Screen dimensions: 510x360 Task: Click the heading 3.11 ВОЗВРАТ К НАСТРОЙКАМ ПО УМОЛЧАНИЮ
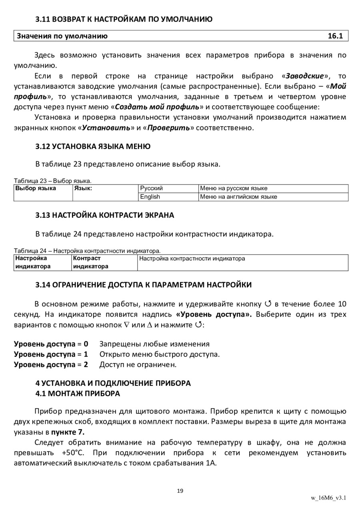tap(124, 19)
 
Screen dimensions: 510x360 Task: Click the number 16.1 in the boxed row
tap(335, 36)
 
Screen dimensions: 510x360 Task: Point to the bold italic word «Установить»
tap(108, 128)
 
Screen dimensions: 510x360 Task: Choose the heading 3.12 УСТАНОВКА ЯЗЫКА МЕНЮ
tap(93, 146)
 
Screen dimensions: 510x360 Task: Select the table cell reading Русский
tap(151, 188)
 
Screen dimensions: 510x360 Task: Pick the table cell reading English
tap(150, 197)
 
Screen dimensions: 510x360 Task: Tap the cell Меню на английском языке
tap(238, 197)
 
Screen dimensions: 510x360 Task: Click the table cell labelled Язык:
tap(83, 188)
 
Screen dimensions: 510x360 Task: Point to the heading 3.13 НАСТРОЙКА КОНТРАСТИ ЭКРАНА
tap(105, 215)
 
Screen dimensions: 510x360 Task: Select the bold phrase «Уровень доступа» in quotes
tap(214, 314)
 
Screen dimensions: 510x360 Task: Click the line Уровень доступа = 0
tap(51, 344)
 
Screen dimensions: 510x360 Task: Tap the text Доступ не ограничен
tap(138, 365)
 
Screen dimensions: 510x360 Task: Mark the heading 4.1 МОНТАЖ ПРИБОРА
tap(78, 394)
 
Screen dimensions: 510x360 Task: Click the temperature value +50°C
tap(73, 453)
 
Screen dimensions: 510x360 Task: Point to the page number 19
tap(180, 491)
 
